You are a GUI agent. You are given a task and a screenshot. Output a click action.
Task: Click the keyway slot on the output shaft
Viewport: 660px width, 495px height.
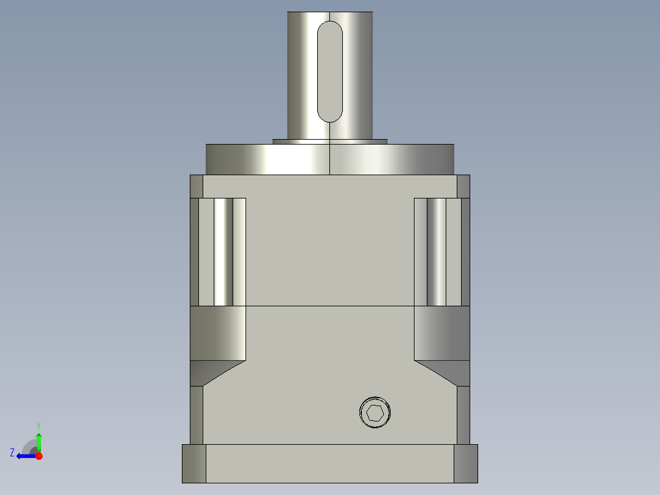point(330,70)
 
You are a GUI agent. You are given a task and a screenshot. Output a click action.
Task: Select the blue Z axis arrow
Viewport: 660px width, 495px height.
point(24,456)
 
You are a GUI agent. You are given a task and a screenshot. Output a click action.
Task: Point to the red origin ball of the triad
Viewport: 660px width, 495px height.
point(39,456)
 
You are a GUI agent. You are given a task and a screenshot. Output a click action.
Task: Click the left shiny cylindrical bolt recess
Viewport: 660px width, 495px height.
point(223,252)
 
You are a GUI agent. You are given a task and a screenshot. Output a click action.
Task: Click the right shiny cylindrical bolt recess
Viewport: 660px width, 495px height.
point(436,252)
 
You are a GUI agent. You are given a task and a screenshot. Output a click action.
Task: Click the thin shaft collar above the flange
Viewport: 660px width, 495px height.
point(330,141)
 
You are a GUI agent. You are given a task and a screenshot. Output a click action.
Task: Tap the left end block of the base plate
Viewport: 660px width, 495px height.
point(194,463)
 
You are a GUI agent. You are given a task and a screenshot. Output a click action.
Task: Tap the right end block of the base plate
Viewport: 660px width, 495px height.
point(465,463)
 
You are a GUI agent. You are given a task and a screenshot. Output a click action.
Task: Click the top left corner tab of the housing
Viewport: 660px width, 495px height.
point(197,186)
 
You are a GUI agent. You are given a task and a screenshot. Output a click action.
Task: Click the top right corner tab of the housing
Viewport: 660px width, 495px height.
point(463,186)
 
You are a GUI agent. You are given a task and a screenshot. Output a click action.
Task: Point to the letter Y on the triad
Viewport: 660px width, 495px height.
point(38,425)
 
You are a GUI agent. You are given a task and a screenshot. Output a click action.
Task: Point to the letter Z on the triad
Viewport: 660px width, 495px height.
point(12,453)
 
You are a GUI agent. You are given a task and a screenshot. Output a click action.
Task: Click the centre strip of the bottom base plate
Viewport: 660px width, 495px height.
point(330,463)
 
